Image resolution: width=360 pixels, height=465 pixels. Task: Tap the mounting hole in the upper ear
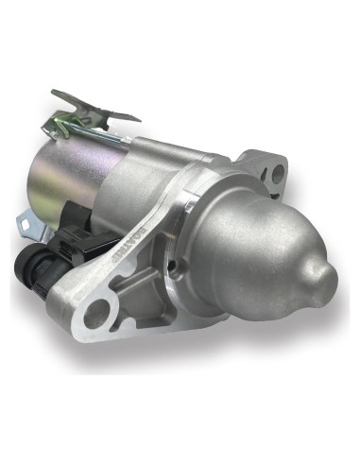click(x=276, y=173)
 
